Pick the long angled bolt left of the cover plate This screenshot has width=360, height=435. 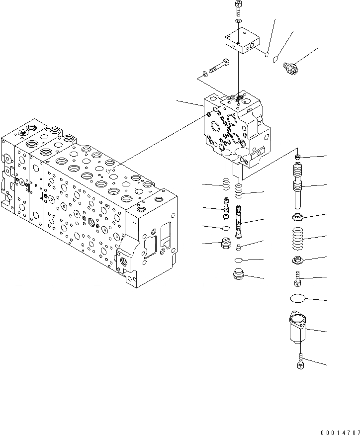pos(216,66)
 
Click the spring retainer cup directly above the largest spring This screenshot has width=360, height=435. pos(299,217)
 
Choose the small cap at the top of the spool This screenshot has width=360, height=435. pos(298,157)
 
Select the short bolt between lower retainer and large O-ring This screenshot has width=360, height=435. pos(298,277)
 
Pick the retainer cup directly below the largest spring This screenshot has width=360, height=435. pos(298,260)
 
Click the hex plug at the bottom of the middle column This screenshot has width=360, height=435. pos(239,274)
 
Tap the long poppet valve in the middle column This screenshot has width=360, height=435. pos(239,222)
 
